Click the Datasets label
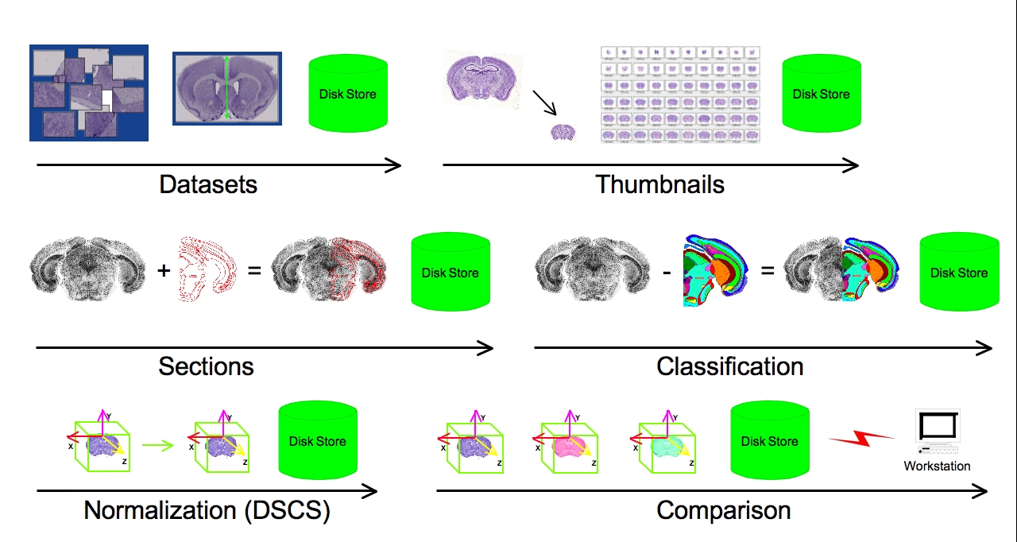coord(208,184)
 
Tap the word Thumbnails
coord(659,184)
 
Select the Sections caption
coord(206,366)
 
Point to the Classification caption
coord(729,366)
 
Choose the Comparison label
coord(723,509)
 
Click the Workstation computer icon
coord(938,433)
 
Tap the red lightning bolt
coord(862,438)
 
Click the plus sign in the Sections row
coord(164,270)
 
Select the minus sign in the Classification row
coord(667,271)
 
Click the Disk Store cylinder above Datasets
coord(348,94)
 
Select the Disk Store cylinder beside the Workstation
coord(769,441)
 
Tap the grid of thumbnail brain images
coord(680,94)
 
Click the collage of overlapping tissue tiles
coord(89,93)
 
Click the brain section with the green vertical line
coord(227,87)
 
